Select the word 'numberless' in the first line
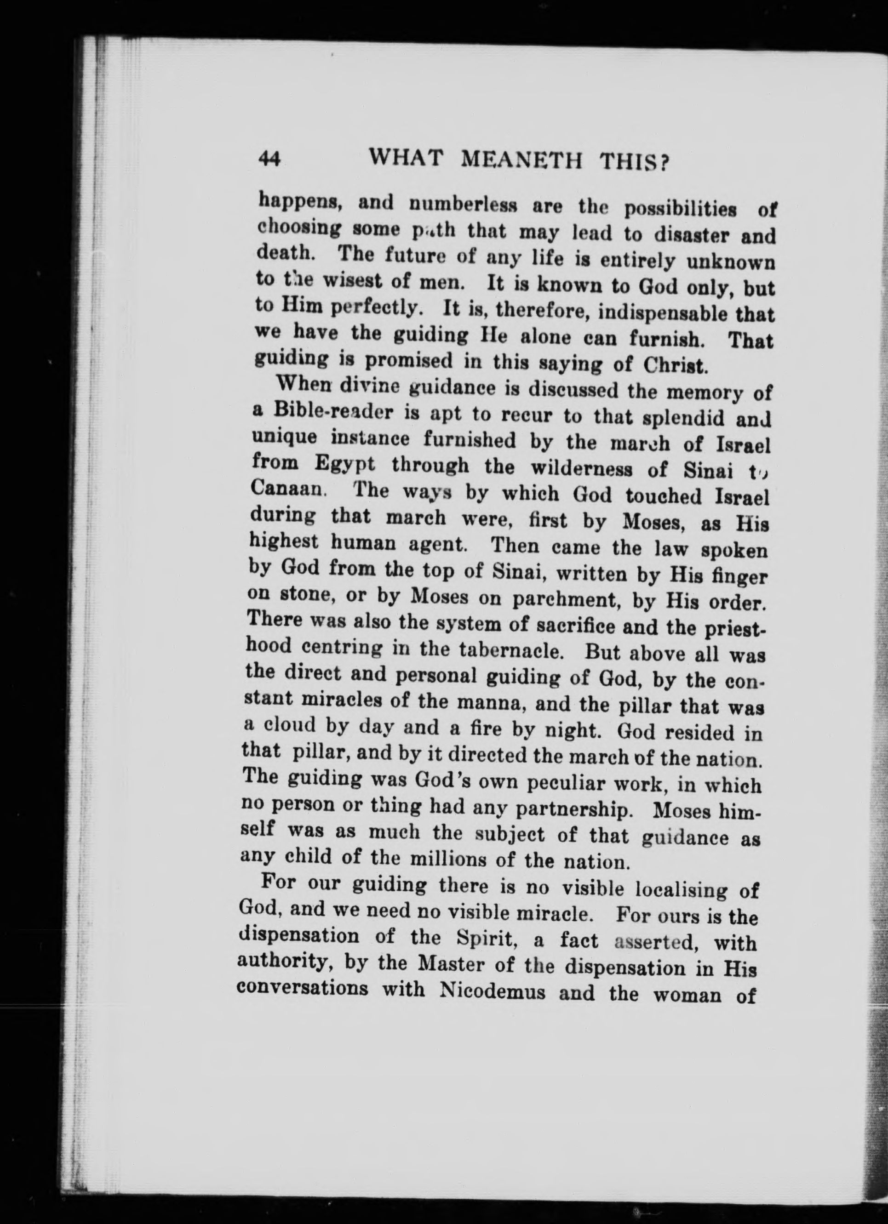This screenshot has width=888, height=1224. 463,205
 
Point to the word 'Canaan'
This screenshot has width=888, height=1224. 287,490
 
